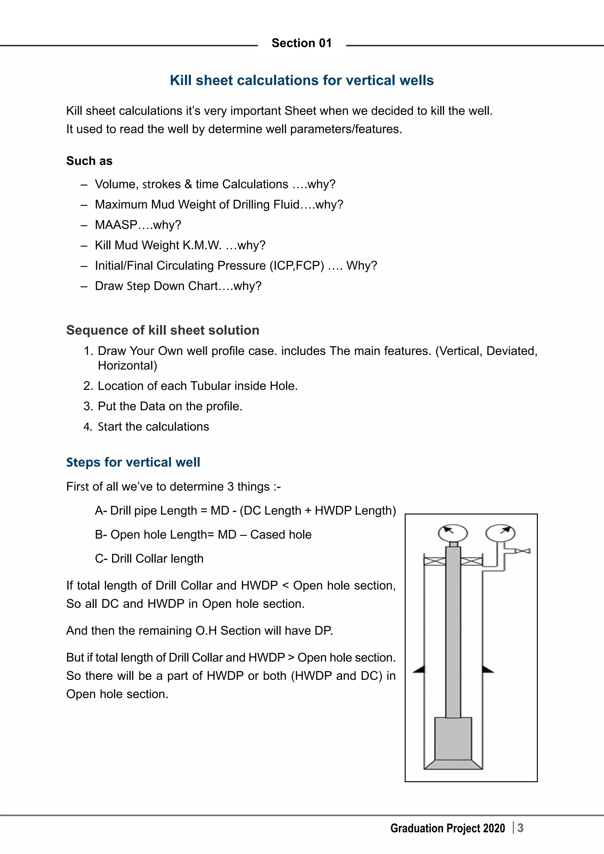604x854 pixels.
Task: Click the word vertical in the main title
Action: click(x=373, y=80)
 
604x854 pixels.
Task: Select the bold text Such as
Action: click(x=89, y=161)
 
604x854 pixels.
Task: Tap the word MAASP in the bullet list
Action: click(x=116, y=225)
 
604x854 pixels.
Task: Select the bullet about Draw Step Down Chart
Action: click(x=178, y=286)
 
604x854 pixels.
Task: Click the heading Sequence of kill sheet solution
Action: click(x=163, y=330)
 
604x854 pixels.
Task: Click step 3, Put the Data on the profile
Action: click(x=170, y=406)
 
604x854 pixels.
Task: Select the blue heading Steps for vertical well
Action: click(x=133, y=462)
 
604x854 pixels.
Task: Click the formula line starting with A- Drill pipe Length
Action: click(x=245, y=510)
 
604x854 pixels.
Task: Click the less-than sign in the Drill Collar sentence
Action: click(x=285, y=585)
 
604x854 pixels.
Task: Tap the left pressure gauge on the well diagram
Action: click(x=453, y=533)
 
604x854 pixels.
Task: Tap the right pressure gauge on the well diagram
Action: click(x=500, y=533)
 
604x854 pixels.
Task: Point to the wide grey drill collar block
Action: click(x=453, y=738)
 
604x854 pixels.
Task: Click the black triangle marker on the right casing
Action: click(x=488, y=669)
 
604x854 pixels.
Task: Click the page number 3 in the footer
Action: click(x=520, y=828)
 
